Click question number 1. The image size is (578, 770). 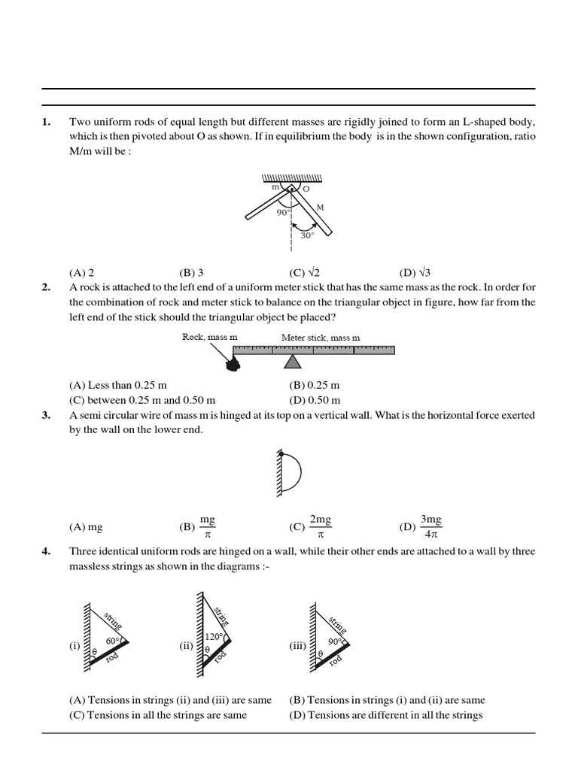(x=46, y=122)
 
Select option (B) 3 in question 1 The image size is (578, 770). (x=191, y=273)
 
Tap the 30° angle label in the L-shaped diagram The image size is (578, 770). (x=307, y=235)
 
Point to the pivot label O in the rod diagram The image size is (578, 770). (x=306, y=189)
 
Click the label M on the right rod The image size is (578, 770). (x=320, y=208)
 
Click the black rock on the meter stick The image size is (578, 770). (x=233, y=364)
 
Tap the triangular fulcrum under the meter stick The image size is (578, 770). (x=291, y=362)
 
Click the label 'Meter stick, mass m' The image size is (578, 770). (x=321, y=338)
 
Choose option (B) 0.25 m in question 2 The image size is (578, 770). (x=314, y=385)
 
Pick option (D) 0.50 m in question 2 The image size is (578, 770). (x=314, y=400)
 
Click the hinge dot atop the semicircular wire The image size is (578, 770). (x=281, y=453)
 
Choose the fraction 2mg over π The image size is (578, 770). (x=321, y=527)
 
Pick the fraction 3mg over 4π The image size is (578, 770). (x=431, y=527)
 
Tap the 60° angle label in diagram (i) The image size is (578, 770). (x=113, y=640)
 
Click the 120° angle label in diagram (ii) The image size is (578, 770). (x=214, y=637)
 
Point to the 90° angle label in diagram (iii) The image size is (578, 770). (x=335, y=641)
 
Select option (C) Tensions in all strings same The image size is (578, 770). (x=157, y=715)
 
